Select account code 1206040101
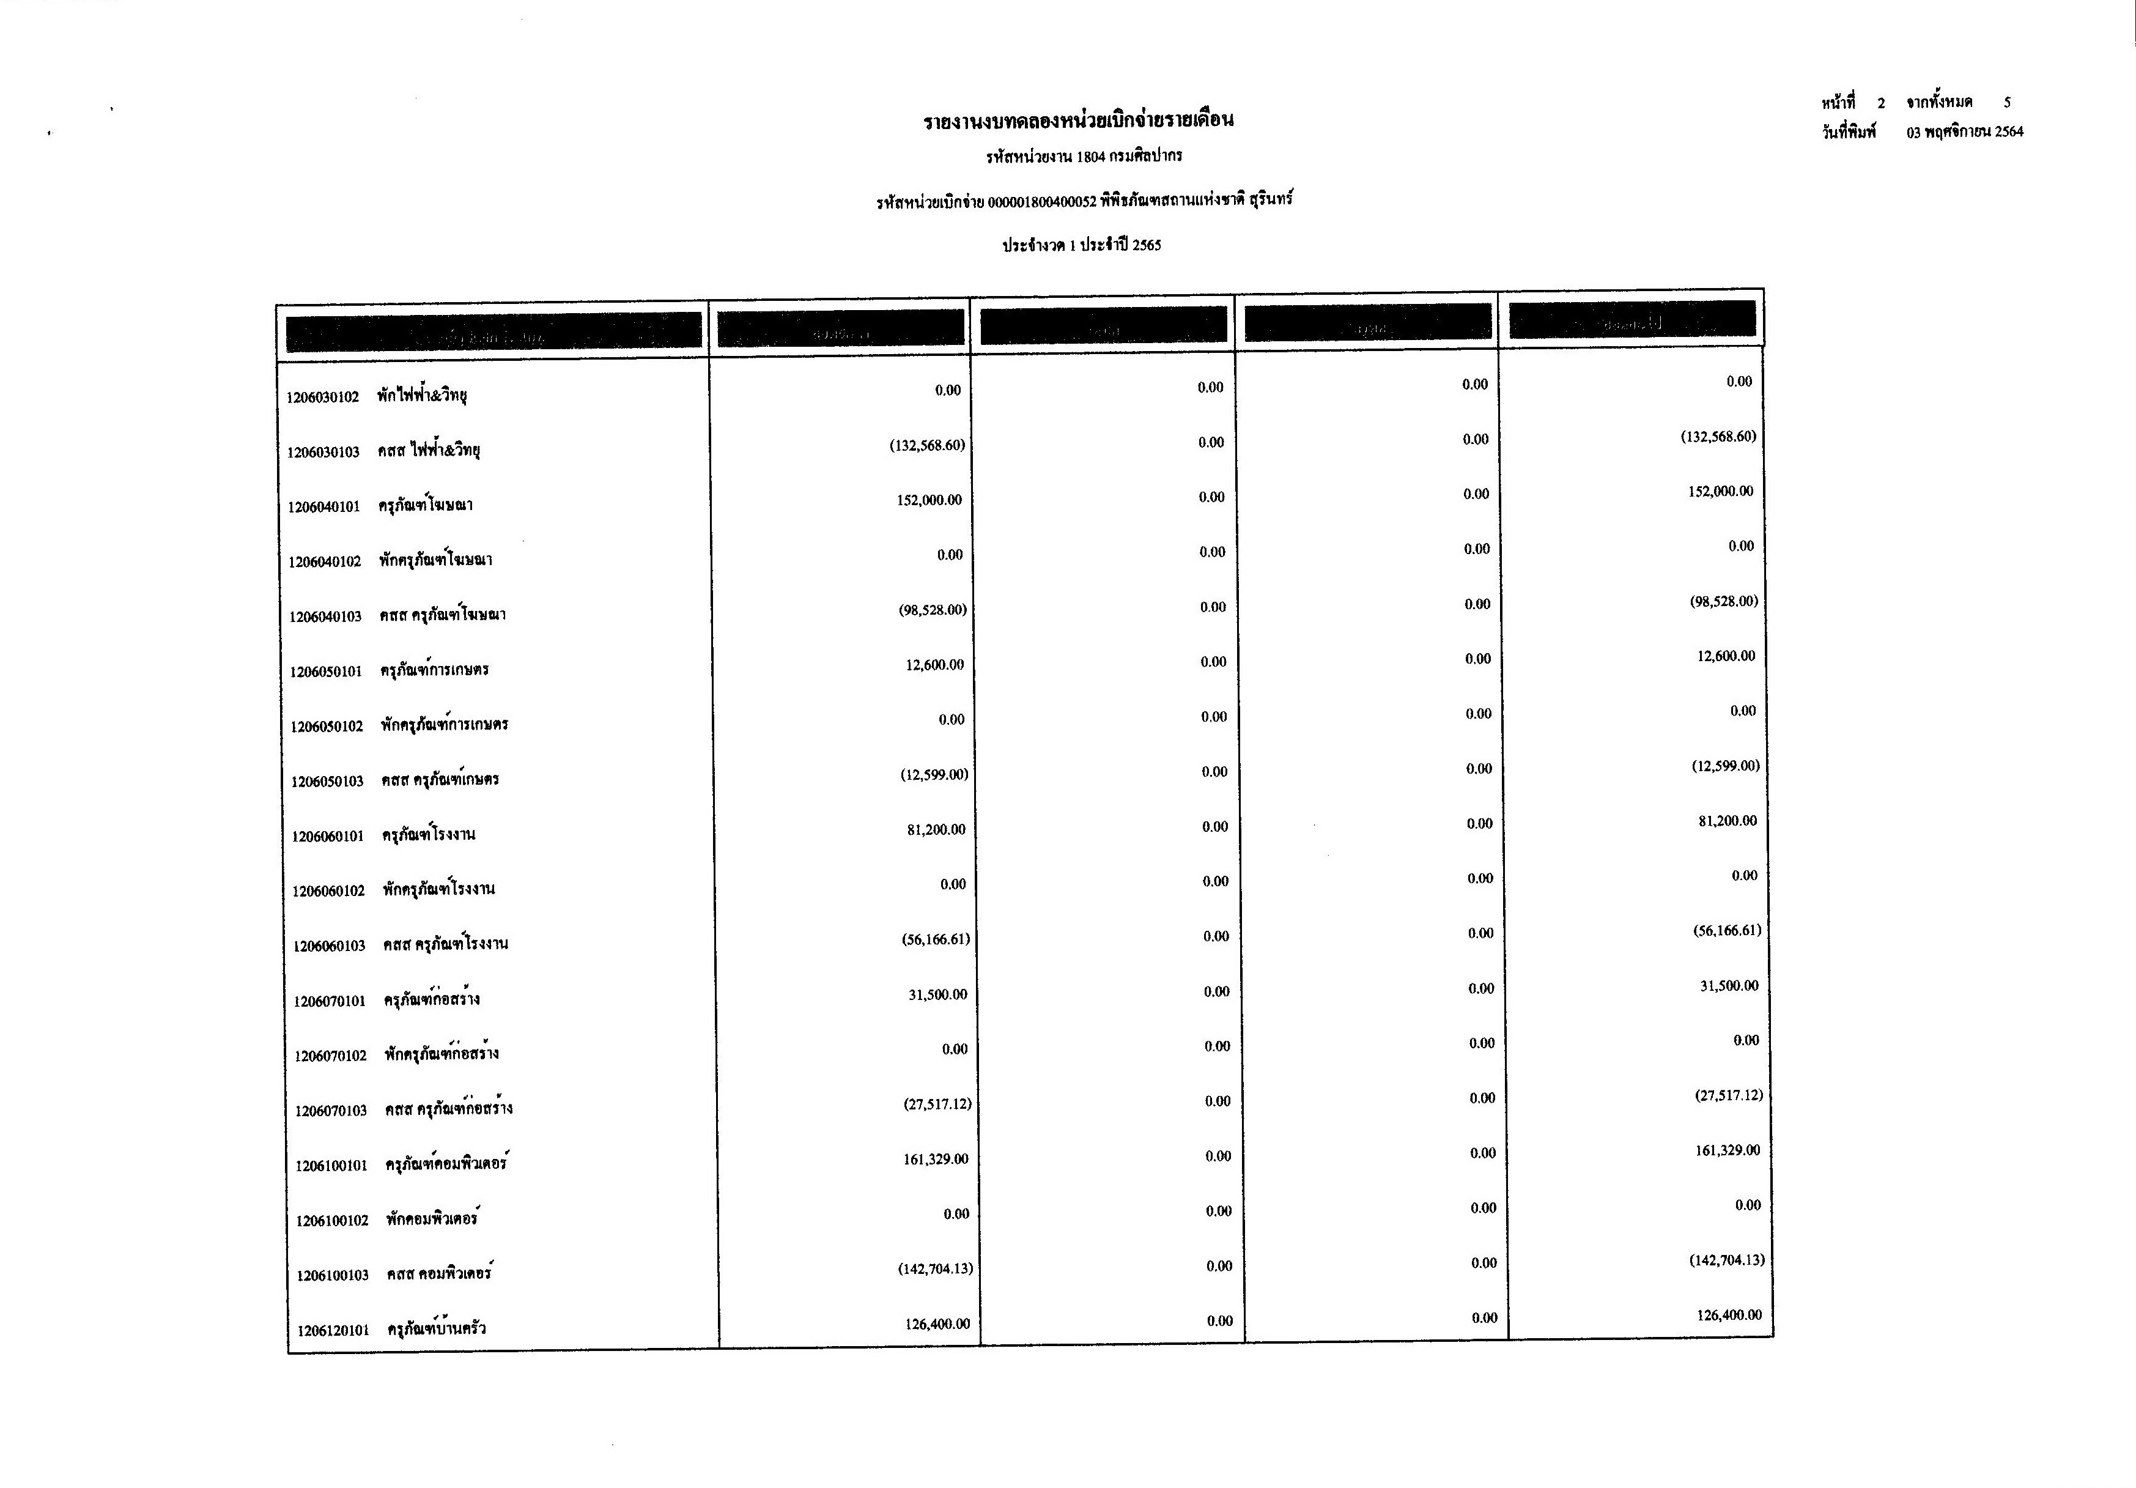click(x=323, y=507)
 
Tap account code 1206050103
click(x=327, y=782)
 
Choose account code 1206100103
click(x=332, y=1275)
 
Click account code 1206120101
click(x=333, y=1331)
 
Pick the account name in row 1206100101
click(x=448, y=1163)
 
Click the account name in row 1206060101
click(x=429, y=835)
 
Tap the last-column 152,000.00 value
click(x=1720, y=491)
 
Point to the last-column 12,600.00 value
click(x=1726, y=656)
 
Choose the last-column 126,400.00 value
click(x=1729, y=1315)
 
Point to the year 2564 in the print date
click(x=2009, y=132)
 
